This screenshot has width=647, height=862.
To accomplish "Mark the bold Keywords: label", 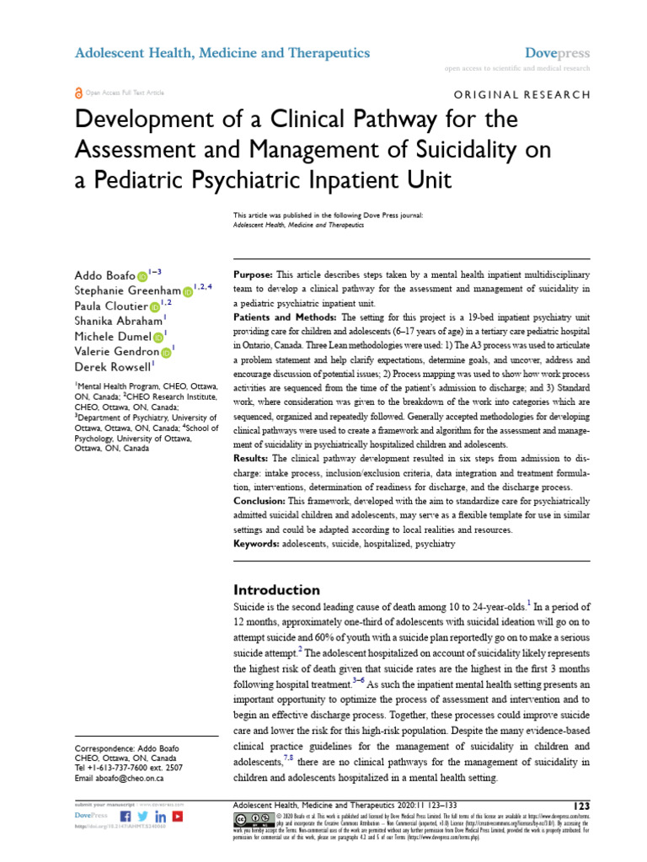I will [x=258, y=545].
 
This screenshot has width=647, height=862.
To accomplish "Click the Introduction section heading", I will [x=276, y=589].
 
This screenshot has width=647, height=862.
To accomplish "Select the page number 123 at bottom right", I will [x=580, y=806].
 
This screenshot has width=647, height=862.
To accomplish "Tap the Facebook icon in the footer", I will [x=126, y=817].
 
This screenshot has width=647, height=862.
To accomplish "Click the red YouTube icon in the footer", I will [x=177, y=817].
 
